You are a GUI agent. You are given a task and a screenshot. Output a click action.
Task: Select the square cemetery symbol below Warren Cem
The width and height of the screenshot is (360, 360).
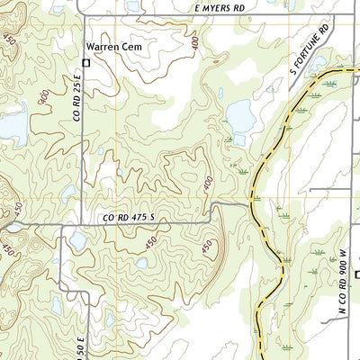[x=86, y=63]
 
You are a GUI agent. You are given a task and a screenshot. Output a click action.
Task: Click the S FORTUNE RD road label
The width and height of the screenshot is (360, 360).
[x=310, y=54]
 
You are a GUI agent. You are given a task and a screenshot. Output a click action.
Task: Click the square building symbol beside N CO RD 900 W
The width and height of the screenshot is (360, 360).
[x=356, y=275]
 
